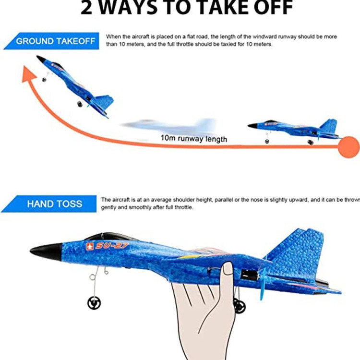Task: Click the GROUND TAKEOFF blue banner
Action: tap(52, 41)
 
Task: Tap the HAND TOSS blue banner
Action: tap(49, 204)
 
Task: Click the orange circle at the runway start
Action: tap(348, 147)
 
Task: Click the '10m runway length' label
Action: tap(194, 138)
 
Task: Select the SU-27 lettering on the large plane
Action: tap(112, 246)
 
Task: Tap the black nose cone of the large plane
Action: tap(47, 252)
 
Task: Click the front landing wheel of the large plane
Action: tap(94, 303)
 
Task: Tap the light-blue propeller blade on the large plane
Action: tap(262, 284)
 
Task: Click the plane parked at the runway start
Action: tap(294, 131)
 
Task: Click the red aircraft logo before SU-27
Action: tap(90, 247)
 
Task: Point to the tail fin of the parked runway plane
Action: tap(329, 126)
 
